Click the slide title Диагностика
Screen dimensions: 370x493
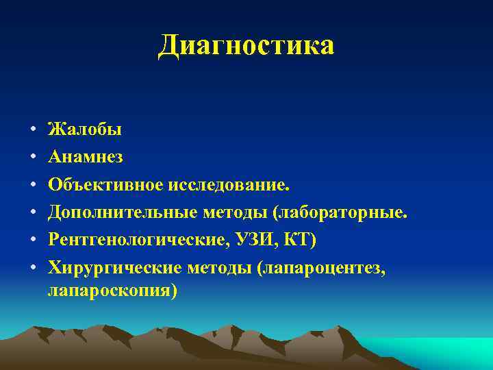click(x=246, y=45)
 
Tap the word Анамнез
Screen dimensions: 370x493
click(x=86, y=157)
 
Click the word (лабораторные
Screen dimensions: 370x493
click(x=340, y=214)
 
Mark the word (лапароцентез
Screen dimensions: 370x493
click(x=322, y=270)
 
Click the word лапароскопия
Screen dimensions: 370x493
click(x=112, y=291)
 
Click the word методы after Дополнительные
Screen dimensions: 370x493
click(x=235, y=214)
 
